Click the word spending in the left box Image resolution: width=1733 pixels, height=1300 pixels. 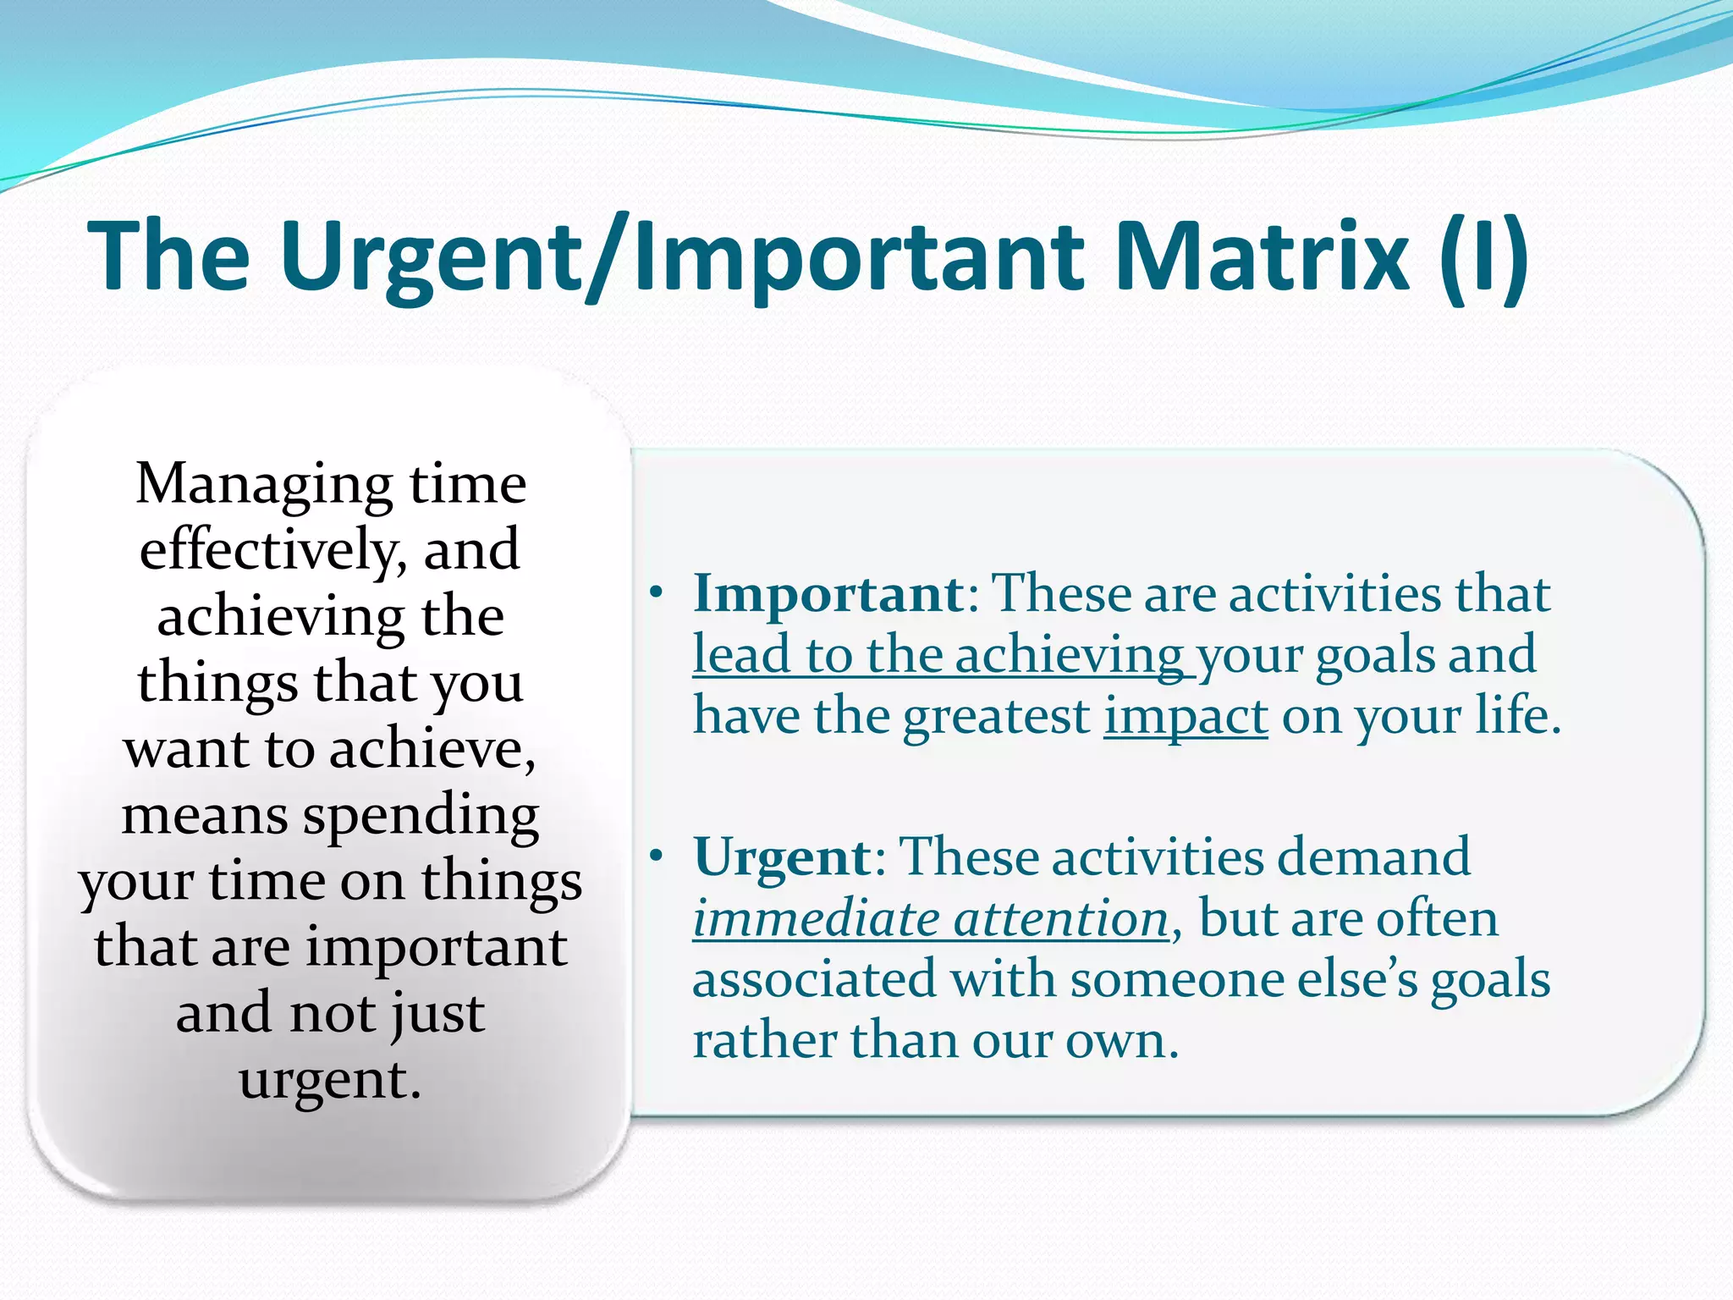[421, 816]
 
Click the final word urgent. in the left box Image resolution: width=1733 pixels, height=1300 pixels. [330, 1080]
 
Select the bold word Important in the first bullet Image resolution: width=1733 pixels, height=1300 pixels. [828, 593]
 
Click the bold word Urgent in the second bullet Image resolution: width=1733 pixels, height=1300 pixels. [782, 857]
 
